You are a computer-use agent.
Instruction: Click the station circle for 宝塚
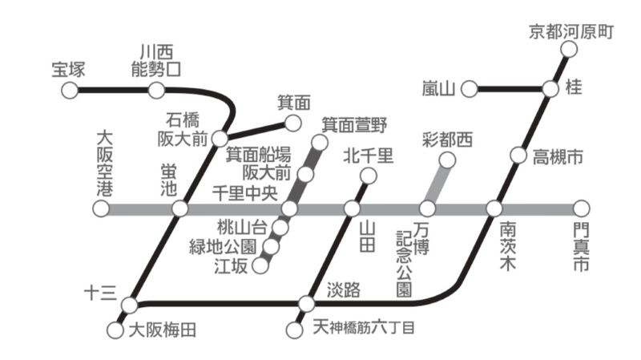pos(70,91)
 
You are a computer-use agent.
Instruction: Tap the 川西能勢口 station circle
pos(156,91)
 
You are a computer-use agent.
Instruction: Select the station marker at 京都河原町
pos(569,50)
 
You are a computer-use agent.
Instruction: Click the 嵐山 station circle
pos(470,89)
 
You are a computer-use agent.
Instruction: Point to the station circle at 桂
pos(550,89)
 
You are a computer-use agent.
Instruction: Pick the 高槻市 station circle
pos(518,156)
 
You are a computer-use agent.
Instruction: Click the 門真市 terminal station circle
pos(582,208)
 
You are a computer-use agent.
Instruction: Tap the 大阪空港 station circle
pos(102,208)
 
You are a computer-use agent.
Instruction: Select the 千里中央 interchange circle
pos(289,208)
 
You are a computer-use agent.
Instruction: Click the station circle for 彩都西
pos(447,160)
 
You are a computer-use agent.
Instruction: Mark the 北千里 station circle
pos(369,176)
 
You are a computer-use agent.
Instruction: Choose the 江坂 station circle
pos(260,266)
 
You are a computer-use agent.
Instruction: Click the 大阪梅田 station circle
pos(115,330)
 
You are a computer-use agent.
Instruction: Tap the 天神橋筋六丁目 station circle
pos(294,330)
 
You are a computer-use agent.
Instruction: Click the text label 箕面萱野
pos(354,125)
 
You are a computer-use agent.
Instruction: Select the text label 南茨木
pos(507,246)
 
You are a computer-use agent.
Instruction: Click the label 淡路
pos(344,290)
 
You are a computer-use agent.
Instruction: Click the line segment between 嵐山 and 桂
pos(510,89)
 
